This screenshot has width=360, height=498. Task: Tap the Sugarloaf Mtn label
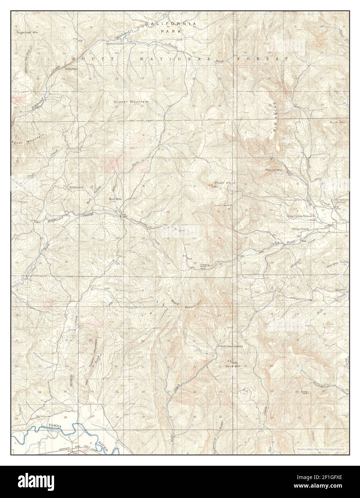(28, 32)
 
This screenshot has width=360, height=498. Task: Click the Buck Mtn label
(337, 122)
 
